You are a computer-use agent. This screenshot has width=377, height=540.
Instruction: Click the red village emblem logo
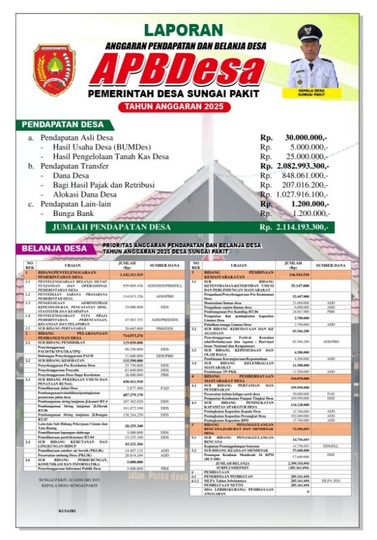tap(54, 69)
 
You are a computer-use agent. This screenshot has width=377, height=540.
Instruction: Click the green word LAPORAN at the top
tap(184, 29)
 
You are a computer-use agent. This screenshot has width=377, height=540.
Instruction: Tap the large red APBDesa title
tap(185, 69)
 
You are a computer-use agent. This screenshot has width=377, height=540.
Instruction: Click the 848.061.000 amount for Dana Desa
tap(306, 175)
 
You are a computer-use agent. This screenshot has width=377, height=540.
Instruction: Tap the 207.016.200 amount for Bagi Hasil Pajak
tap(306, 185)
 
